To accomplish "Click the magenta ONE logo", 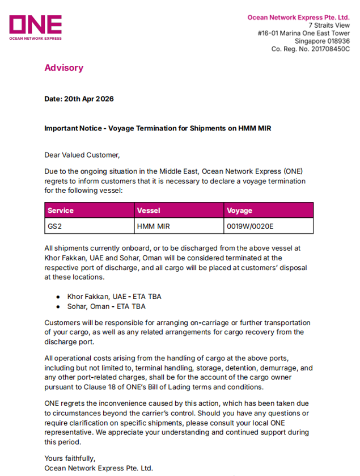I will point(35,27).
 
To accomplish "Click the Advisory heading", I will point(63,68).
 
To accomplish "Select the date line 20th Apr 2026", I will point(79,99).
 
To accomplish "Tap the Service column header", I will point(61,210).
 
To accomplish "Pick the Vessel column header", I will point(149,210).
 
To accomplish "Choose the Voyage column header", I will point(239,210).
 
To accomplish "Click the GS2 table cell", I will point(54,226).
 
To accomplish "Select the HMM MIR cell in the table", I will point(154,226).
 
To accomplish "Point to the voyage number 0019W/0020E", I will point(250,226).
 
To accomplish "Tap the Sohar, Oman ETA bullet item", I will point(106,306).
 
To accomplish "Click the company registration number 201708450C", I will point(329,49).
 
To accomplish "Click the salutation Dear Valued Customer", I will point(82,154).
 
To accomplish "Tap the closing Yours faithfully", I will point(70,458).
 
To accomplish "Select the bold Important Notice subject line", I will point(158,128).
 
